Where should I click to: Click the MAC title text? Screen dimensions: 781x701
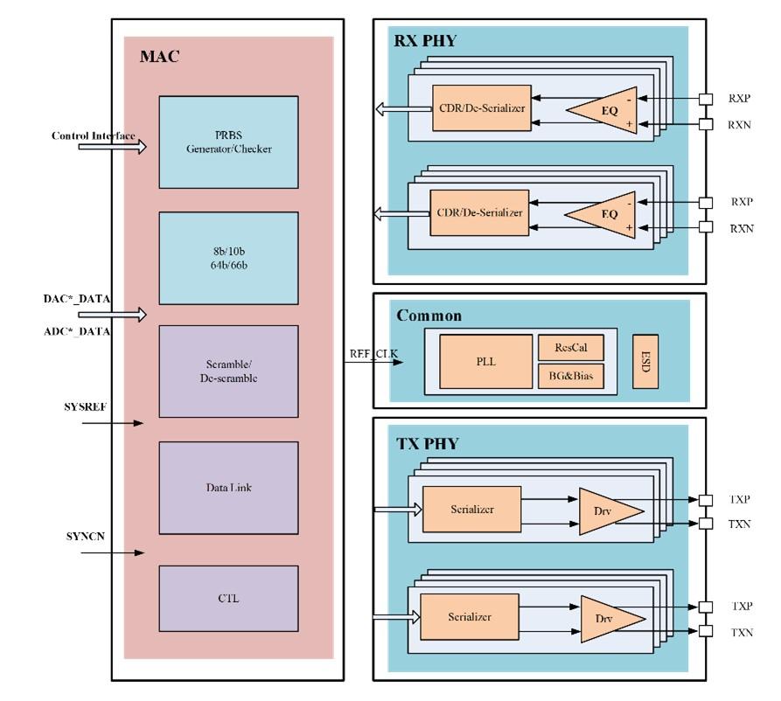point(159,56)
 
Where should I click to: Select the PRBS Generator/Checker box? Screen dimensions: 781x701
point(228,142)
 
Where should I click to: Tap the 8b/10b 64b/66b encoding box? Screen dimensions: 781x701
point(228,258)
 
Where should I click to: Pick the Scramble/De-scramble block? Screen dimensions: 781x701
point(228,371)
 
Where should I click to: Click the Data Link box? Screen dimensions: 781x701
point(228,488)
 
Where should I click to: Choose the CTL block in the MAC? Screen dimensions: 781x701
point(228,599)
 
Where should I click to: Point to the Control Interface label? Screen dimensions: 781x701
point(93,135)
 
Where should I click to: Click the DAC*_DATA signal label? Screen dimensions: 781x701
point(77,299)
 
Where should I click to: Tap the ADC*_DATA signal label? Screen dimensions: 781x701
point(77,331)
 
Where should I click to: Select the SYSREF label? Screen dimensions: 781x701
point(85,406)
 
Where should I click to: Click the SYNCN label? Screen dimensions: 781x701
point(85,536)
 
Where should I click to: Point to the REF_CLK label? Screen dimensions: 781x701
point(373,353)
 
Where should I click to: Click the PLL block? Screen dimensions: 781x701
point(485,362)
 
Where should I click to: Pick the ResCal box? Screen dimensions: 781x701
point(571,348)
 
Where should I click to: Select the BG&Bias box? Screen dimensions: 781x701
point(571,376)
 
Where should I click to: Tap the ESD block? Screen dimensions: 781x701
point(645,362)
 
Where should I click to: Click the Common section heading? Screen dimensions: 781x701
point(429,316)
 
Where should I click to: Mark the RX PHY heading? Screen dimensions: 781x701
point(425,41)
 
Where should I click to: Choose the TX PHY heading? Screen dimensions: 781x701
point(428,444)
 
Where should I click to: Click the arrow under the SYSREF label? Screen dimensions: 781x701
point(113,423)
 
